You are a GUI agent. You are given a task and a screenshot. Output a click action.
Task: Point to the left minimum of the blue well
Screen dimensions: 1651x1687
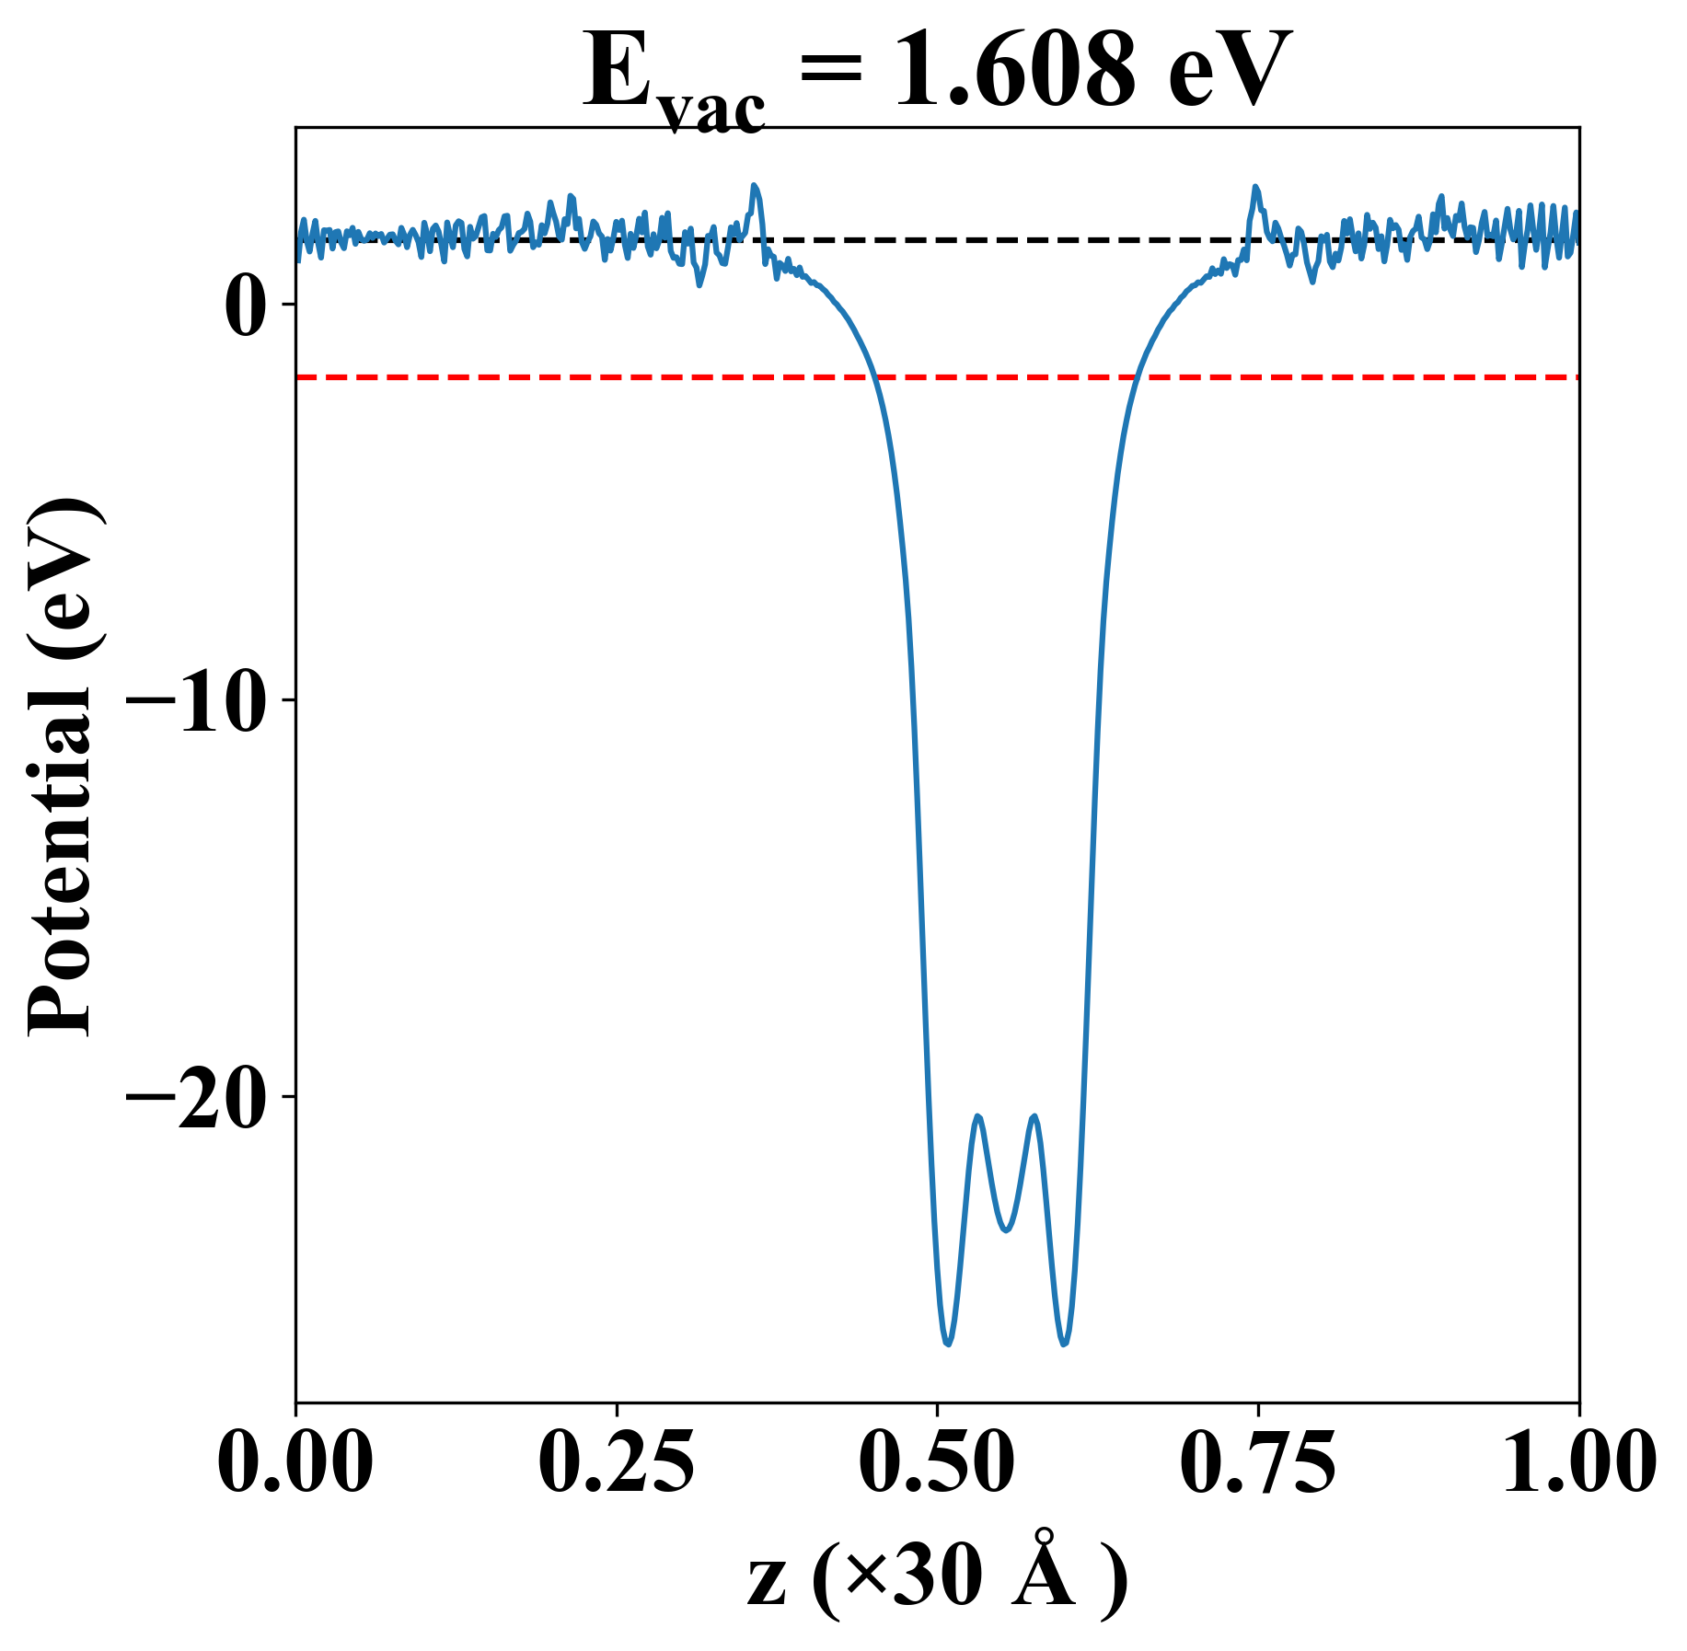point(947,1344)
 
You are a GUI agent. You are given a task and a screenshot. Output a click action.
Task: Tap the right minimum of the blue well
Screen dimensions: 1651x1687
point(1064,1344)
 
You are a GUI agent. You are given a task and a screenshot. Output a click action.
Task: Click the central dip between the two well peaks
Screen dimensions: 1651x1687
point(1006,1230)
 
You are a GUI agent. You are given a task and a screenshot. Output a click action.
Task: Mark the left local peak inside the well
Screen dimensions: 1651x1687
point(977,1116)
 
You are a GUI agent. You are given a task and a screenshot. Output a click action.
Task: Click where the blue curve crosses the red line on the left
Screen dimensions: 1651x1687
point(875,376)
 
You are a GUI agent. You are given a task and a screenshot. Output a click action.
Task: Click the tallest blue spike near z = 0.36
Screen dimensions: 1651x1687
point(755,186)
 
